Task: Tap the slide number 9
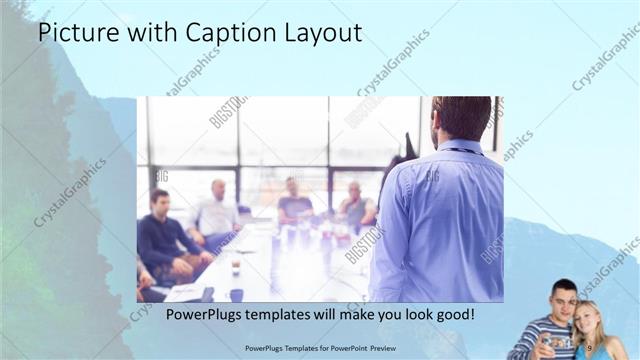click(x=590, y=347)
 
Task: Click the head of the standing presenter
click(x=462, y=117)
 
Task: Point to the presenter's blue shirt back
click(x=440, y=220)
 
